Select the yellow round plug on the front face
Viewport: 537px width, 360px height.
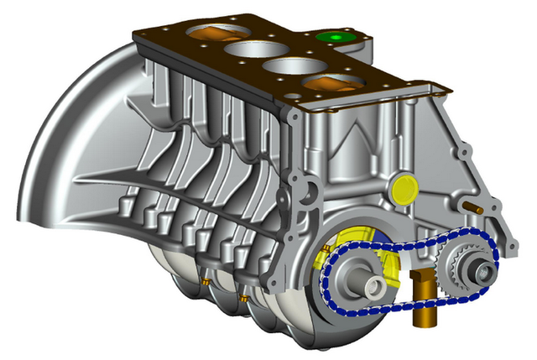[404, 188]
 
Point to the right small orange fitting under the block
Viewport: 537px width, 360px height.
[243, 298]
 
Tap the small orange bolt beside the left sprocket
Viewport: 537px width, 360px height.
[322, 249]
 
